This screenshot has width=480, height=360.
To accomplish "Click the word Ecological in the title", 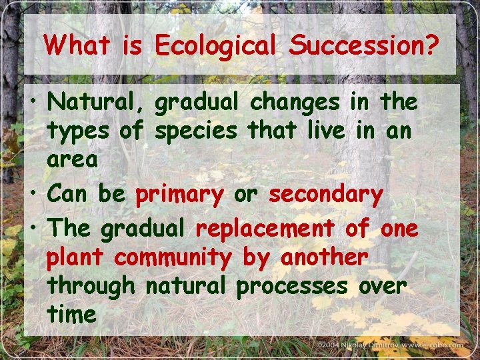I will (x=215, y=47).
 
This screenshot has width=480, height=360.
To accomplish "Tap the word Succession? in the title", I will (x=364, y=45).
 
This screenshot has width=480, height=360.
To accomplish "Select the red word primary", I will (x=179, y=195).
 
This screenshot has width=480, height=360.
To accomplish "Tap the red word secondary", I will (x=325, y=195).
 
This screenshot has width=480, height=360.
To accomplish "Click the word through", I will (x=91, y=286).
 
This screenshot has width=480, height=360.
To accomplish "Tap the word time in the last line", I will (x=71, y=314).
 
